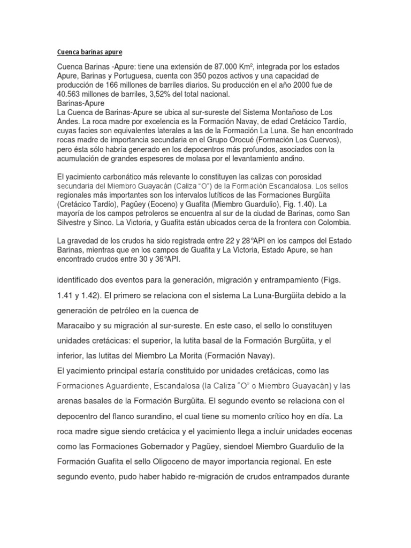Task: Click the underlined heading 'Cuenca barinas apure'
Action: point(89,52)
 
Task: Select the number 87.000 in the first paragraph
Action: point(227,66)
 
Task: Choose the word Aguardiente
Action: point(131,385)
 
